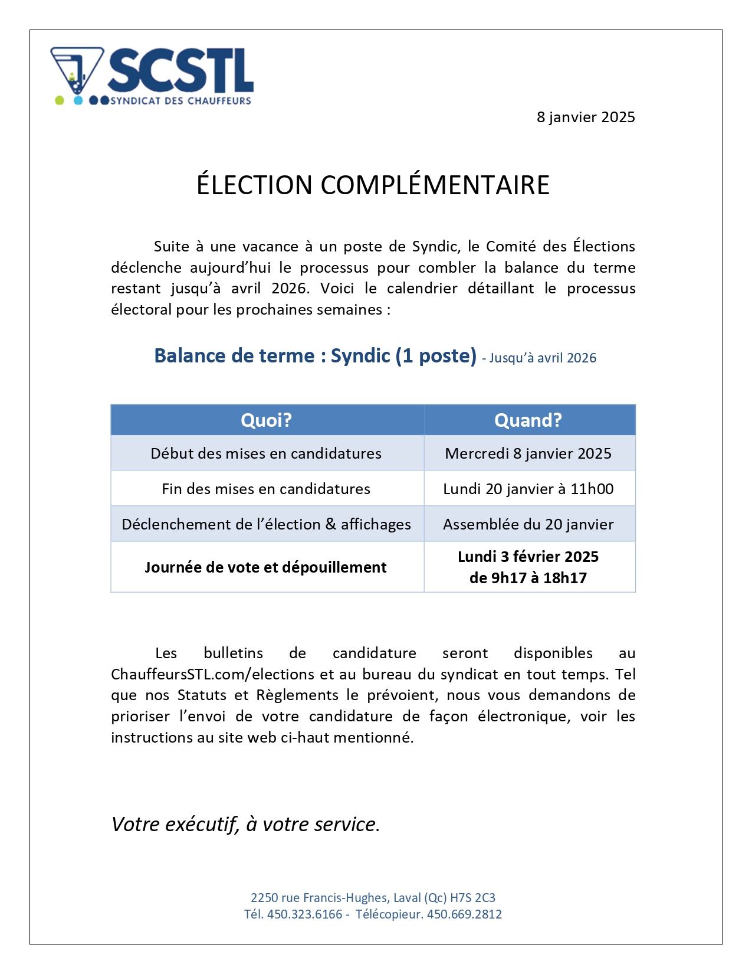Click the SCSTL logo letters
click(180, 71)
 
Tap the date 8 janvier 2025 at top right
click(585, 117)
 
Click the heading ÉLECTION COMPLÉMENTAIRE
click(373, 185)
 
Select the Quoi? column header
click(267, 420)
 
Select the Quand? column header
click(528, 420)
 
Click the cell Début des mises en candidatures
click(266, 453)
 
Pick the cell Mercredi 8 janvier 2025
click(528, 453)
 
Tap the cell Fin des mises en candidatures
click(266, 489)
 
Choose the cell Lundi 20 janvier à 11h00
click(528, 489)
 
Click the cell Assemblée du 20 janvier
click(528, 524)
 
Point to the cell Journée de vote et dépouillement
click(266, 567)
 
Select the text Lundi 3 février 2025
click(528, 557)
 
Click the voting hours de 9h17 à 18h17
click(528, 578)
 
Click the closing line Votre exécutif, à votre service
click(245, 824)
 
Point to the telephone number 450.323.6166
click(304, 914)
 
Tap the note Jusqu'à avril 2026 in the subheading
click(542, 358)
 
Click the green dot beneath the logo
click(59, 100)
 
